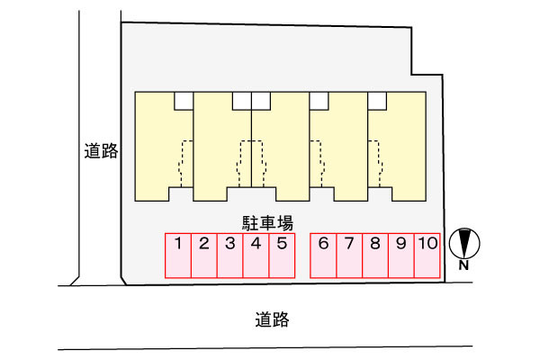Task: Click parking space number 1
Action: [178, 256]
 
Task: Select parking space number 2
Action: [204, 256]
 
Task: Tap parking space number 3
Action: [230, 256]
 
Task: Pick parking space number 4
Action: [256, 256]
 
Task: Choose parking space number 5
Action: [282, 256]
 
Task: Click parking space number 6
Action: [323, 256]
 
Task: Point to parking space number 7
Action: [349, 256]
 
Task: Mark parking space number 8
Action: [375, 256]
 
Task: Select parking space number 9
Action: [401, 256]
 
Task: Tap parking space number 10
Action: [427, 256]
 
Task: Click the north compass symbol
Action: [464, 242]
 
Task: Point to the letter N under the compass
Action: [464, 265]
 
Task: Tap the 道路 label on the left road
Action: [101, 151]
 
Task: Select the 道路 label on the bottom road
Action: [272, 319]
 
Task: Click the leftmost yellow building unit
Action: [162, 144]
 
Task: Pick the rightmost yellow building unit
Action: [400, 144]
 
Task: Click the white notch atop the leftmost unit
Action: [184, 99]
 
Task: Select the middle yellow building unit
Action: [281, 144]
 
